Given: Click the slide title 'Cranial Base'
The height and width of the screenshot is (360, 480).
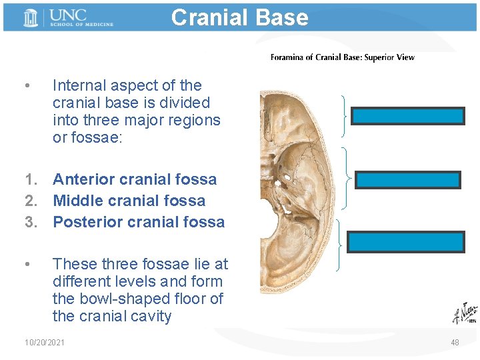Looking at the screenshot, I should (x=239, y=17).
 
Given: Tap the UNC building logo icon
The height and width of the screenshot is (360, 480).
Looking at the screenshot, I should (x=31, y=18).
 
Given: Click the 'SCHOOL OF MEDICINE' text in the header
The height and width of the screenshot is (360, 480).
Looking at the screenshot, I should (x=81, y=24).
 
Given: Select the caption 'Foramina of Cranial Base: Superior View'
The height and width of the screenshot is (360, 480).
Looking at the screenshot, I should (x=342, y=57).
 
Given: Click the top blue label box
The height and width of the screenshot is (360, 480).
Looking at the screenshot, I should (x=407, y=117).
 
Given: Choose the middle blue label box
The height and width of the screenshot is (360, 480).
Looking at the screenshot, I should (x=407, y=180).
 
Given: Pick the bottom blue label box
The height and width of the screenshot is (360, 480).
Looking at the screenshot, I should (x=406, y=241).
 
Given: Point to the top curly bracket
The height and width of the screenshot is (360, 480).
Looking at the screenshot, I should (x=344, y=115).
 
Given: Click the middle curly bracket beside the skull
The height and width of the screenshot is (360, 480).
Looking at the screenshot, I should (x=348, y=179).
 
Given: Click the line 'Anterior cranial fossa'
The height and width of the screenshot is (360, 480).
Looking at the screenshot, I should (x=134, y=179).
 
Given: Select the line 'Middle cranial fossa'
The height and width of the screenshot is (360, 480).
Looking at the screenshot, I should (x=129, y=201).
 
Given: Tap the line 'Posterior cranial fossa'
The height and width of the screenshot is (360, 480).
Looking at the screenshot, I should (x=139, y=222).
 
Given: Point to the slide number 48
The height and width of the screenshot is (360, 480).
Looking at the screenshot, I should (x=455, y=342).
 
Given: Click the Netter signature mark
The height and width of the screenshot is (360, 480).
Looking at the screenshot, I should (x=463, y=313).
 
